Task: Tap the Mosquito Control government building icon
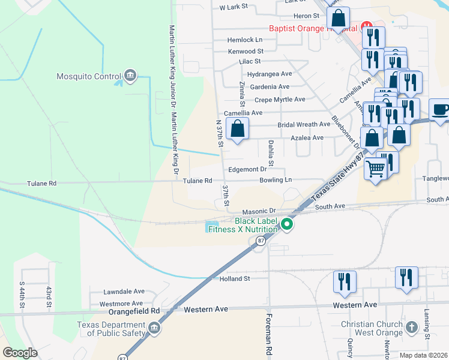tap(130, 76)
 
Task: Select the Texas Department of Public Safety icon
tap(154, 328)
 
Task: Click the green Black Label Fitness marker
tap(287, 225)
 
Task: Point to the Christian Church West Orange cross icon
tap(411, 328)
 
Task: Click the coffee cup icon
tap(440, 110)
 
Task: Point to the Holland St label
tap(234, 278)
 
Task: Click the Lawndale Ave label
tap(124, 290)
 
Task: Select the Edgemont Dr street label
tap(247, 170)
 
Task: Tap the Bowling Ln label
tap(276, 180)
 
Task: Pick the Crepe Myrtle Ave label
tap(280, 100)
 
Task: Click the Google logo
tap(20, 353)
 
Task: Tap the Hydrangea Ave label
tap(269, 74)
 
